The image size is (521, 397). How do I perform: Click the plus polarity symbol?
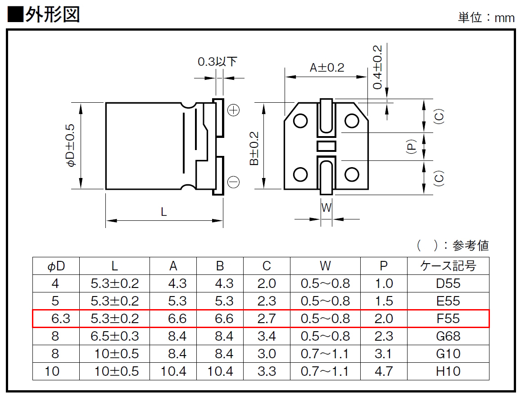234,110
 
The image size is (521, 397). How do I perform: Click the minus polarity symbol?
234,182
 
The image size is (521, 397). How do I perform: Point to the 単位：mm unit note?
486,17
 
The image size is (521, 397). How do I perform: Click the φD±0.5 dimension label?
71,145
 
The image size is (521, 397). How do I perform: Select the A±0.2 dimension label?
327,68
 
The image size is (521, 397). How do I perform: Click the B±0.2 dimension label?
254,148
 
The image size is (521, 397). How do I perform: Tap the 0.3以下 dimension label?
217,62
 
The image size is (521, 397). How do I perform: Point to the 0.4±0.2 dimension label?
377,68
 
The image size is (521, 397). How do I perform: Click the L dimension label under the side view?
163,212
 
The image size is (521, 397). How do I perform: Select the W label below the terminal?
326,207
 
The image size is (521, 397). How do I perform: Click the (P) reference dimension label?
411,146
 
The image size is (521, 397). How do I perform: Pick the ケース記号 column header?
448,266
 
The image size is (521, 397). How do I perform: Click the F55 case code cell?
448,319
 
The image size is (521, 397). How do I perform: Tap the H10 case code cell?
448,371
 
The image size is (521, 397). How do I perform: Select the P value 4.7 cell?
384,371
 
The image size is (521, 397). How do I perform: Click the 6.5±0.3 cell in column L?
115,336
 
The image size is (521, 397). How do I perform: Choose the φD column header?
56,266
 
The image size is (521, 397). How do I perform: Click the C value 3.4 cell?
267,336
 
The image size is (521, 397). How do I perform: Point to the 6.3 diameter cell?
60,319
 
